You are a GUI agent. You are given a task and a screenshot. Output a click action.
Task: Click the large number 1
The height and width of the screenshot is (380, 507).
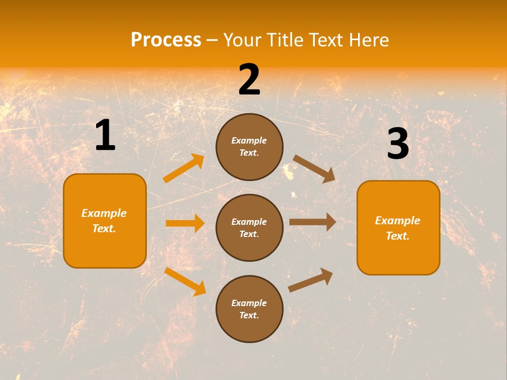[x=105, y=135]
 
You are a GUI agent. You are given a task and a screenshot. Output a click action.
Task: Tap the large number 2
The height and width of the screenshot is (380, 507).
[x=249, y=80]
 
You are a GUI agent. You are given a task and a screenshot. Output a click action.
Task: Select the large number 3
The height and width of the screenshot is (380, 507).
[x=398, y=144]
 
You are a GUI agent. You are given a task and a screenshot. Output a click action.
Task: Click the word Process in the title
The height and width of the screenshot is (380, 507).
[x=166, y=40]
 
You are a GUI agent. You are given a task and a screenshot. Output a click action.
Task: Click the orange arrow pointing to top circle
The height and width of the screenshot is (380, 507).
[x=184, y=168]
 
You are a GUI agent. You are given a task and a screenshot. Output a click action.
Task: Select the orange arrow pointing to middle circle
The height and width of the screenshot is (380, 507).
[x=185, y=223]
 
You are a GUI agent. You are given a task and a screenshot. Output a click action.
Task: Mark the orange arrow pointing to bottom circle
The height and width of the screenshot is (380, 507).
[x=185, y=281]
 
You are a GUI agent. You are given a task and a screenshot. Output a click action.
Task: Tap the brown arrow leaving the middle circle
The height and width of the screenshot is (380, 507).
[x=313, y=222]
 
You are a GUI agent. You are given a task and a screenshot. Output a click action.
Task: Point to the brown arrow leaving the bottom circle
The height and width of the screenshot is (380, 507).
[x=311, y=280]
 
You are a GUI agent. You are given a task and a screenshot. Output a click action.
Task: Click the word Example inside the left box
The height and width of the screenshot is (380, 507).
[x=104, y=213]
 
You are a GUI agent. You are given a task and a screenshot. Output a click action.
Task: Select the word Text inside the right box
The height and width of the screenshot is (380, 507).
[x=397, y=236]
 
